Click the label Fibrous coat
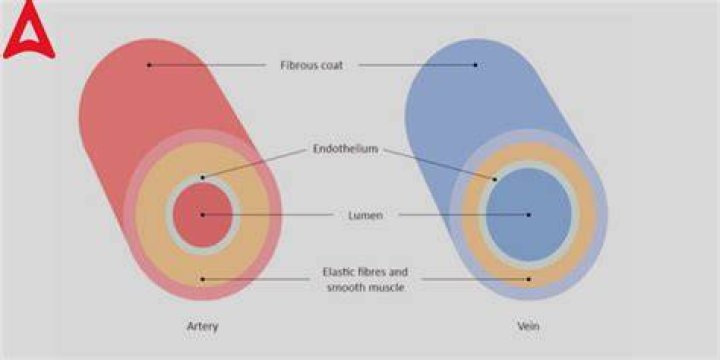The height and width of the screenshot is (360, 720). tap(312, 66)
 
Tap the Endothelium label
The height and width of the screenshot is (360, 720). tap(345, 149)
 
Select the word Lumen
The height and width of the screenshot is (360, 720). tap(366, 215)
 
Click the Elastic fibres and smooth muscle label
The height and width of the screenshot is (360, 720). tap(365, 280)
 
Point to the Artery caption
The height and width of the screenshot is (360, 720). tap(202, 326)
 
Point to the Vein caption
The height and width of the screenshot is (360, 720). tap(528, 326)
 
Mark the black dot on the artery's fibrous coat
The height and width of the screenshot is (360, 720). tap(149, 65)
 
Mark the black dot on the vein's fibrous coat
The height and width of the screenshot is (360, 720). tap(475, 65)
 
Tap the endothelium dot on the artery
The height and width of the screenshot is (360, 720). tap(202, 177)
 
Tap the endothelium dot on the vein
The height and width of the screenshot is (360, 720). tap(495, 179)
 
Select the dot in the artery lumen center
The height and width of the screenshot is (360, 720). tap(202, 214)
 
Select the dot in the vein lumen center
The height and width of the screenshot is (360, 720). tap(529, 214)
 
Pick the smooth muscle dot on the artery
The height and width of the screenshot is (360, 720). tap(202, 279)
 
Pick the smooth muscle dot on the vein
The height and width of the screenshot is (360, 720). tap(529, 279)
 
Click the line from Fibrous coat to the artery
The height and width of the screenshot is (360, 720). tap(208, 65)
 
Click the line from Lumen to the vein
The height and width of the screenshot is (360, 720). tap(463, 214)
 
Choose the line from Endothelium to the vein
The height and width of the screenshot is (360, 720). tap(439, 164)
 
